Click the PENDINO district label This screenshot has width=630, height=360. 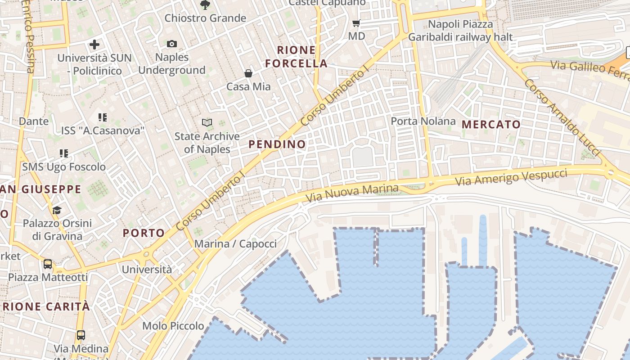277,144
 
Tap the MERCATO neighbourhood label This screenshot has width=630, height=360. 491,125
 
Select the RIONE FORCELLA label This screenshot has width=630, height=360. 296,57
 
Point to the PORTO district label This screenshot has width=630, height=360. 144,233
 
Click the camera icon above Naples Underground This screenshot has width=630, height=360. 171,44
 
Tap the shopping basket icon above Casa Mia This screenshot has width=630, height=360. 248,73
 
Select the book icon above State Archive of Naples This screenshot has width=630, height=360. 207,122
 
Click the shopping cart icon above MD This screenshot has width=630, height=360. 356,23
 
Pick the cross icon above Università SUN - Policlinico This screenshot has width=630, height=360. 94,45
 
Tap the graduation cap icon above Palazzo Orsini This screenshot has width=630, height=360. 57,210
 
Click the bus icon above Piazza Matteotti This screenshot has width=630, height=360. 48,264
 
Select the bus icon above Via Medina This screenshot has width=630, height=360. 81,335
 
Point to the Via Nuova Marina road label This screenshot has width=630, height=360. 352,193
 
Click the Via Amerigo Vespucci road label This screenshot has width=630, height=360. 511,176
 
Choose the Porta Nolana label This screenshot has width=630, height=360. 423,121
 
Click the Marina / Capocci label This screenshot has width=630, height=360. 235,244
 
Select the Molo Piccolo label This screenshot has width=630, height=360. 173,326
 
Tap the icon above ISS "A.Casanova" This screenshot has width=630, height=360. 103,118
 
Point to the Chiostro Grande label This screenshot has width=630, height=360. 205,18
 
